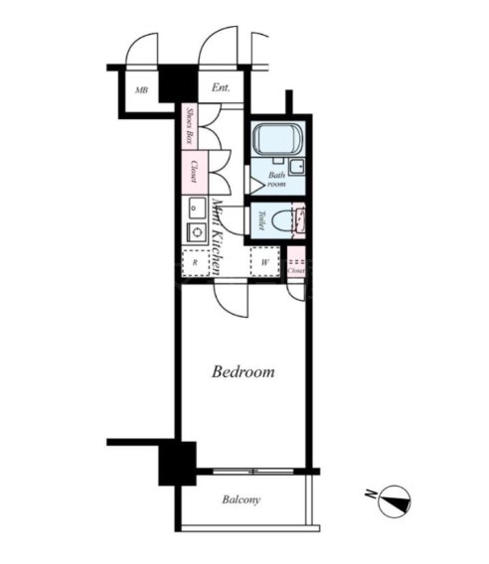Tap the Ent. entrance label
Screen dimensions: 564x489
click(x=220, y=87)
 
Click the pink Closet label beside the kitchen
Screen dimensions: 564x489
click(x=189, y=171)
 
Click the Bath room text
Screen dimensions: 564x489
click(x=277, y=180)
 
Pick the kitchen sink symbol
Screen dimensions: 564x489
click(x=192, y=211)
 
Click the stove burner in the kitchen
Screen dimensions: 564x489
click(x=192, y=233)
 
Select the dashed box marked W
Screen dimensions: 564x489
click(x=264, y=263)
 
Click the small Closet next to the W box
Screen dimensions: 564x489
click(x=295, y=264)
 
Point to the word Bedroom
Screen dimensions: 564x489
click(x=244, y=372)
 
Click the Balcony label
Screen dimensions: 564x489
click(x=241, y=499)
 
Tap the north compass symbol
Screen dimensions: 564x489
click(x=394, y=499)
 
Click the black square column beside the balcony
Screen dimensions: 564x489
click(x=177, y=463)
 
